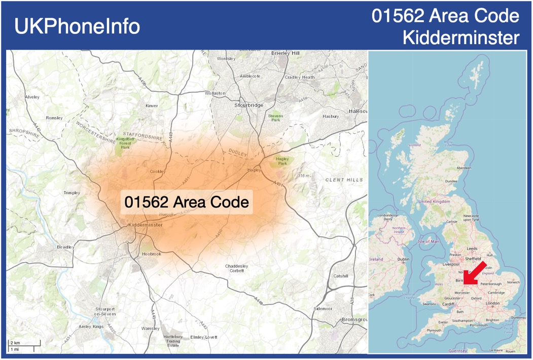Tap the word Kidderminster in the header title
pyautogui.click(x=461, y=37)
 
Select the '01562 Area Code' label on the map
pyautogui.click(x=187, y=202)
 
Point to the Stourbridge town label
pyautogui.click(x=249, y=105)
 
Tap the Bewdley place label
pyautogui.click(x=65, y=247)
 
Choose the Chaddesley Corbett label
pyautogui.click(x=237, y=268)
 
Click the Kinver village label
pyautogui.click(x=152, y=106)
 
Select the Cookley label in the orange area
pyautogui.click(x=158, y=171)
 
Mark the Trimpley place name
pyautogui.click(x=72, y=193)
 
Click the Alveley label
pyautogui.click(x=32, y=96)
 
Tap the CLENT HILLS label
pyautogui.click(x=344, y=180)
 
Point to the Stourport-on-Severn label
pyautogui.click(x=106, y=311)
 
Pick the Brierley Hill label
pyautogui.click(x=286, y=53)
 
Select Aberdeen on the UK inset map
pyautogui.click(x=464, y=168)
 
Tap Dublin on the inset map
pyautogui.click(x=403, y=259)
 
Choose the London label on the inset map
pyautogui.click(x=492, y=303)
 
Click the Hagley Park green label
pyautogui.click(x=282, y=161)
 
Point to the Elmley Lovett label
pyautogui.click(x=203, y=337)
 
